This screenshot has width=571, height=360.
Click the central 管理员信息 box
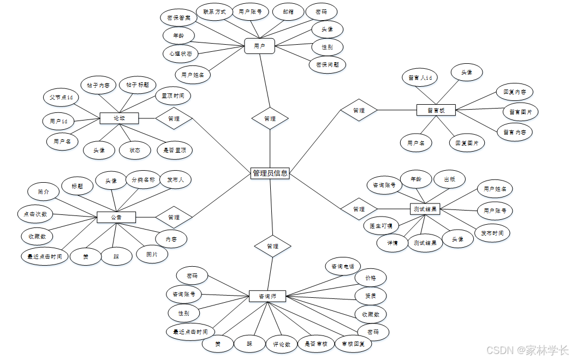[x=270, y=173]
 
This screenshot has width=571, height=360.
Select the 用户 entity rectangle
[x=259, y=46]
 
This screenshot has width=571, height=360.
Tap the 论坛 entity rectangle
[x=119, y=118]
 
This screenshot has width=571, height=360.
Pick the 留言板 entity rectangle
[x=436, y=110]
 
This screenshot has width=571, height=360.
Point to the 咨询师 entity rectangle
[x=267, y=297]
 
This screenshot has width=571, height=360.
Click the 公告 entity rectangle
[x=116, y=217]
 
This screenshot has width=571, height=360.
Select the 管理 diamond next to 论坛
[x=174, y=118]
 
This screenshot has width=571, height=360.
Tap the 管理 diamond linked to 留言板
[x=359, y=110]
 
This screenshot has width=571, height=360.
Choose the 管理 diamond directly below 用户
[x=270, y=118]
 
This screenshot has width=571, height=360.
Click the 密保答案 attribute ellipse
[x=179, y=17]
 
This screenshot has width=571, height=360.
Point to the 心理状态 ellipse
[x=180, y=54]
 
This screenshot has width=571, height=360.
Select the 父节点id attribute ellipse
[x=61, y=98]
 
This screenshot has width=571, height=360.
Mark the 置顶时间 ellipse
[x=173, y=96]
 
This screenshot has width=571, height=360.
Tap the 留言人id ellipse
[x=420, y=77]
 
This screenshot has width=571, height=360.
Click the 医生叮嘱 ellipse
[x=381, y=225]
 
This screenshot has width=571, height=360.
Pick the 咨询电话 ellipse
[x=343, y=266]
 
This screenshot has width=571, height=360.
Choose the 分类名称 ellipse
[x=144, y=179]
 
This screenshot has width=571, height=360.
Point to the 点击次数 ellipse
[x=35, y=214]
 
